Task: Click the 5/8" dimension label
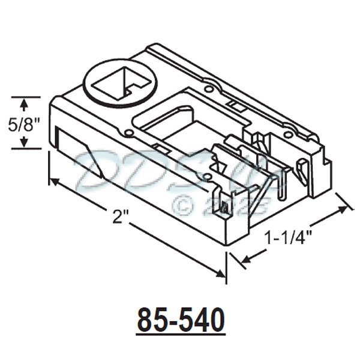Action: (x=23, y=125)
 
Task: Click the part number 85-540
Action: (x=181, y=320)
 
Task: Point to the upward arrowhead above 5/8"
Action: (x=23, y=104)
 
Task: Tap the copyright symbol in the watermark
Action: (x=183, y=205)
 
